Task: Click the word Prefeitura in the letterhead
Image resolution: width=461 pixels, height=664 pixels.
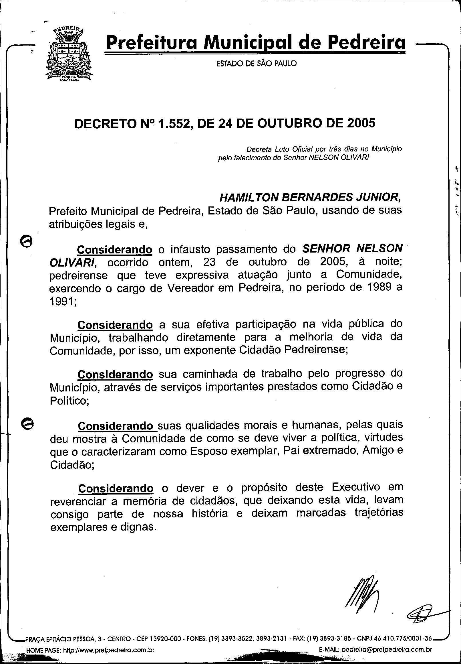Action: [x=151, y=43]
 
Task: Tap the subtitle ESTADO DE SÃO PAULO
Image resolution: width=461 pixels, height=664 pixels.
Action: [x=257, y=64]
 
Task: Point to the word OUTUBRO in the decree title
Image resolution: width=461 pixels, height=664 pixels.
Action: [x=290, y=123]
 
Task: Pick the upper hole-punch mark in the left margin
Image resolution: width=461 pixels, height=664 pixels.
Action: [x=26, y=240]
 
